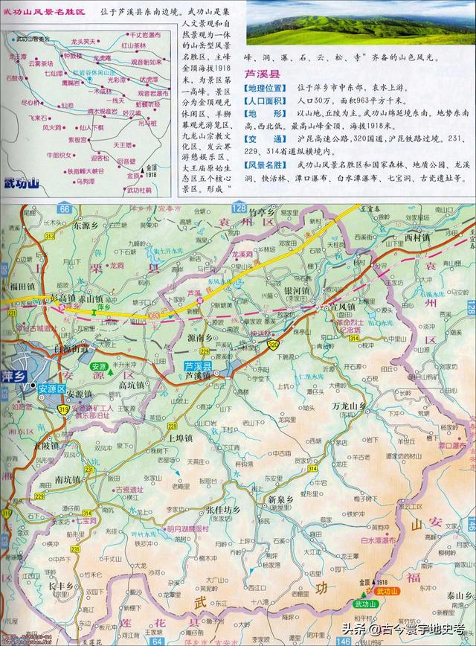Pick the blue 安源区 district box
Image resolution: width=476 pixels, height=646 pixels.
(53, 387)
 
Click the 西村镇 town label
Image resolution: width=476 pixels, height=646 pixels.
(417, 237)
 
